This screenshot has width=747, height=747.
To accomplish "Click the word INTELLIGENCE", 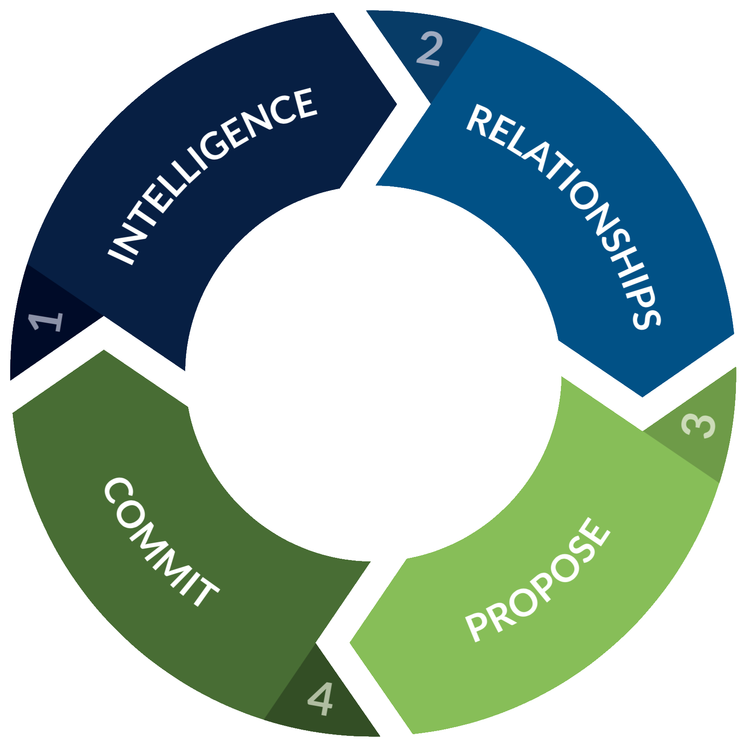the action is (212, 177).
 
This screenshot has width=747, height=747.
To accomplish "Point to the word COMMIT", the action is (161, 542).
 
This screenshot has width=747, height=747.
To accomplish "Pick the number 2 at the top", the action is (429, 49).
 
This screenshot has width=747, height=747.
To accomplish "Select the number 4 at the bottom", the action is (320, 699).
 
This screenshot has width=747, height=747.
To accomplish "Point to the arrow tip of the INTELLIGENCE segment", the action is (396, 104).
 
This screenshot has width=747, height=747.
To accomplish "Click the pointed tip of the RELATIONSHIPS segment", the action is (642, 396).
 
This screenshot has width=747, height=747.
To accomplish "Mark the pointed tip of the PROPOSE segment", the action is (350, 642).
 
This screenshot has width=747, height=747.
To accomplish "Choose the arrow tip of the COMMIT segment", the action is (104, 351).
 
